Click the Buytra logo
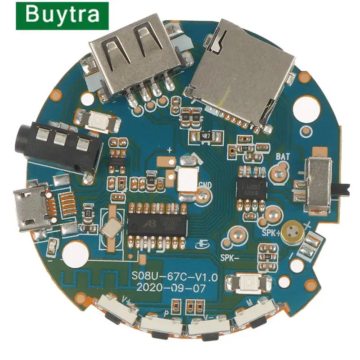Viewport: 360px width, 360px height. click(62, 15)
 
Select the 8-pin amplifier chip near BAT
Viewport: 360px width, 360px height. click(252, 185)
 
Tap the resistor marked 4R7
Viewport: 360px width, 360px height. click(207, 135)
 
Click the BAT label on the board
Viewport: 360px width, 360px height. click(282, 157)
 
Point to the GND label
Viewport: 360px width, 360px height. click(204, 184)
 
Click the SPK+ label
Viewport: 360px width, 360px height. click(271, 233)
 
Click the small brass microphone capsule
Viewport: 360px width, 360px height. click(293, 231)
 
